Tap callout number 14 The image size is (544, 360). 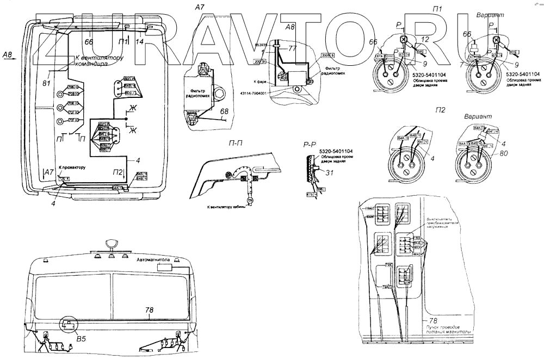[x=140, y=41]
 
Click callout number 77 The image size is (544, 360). [x=292, y=48]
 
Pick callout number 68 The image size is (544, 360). [x=224, y=111]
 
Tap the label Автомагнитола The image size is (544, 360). [x=154, y=260]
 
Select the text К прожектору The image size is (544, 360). [x=72, y=168]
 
